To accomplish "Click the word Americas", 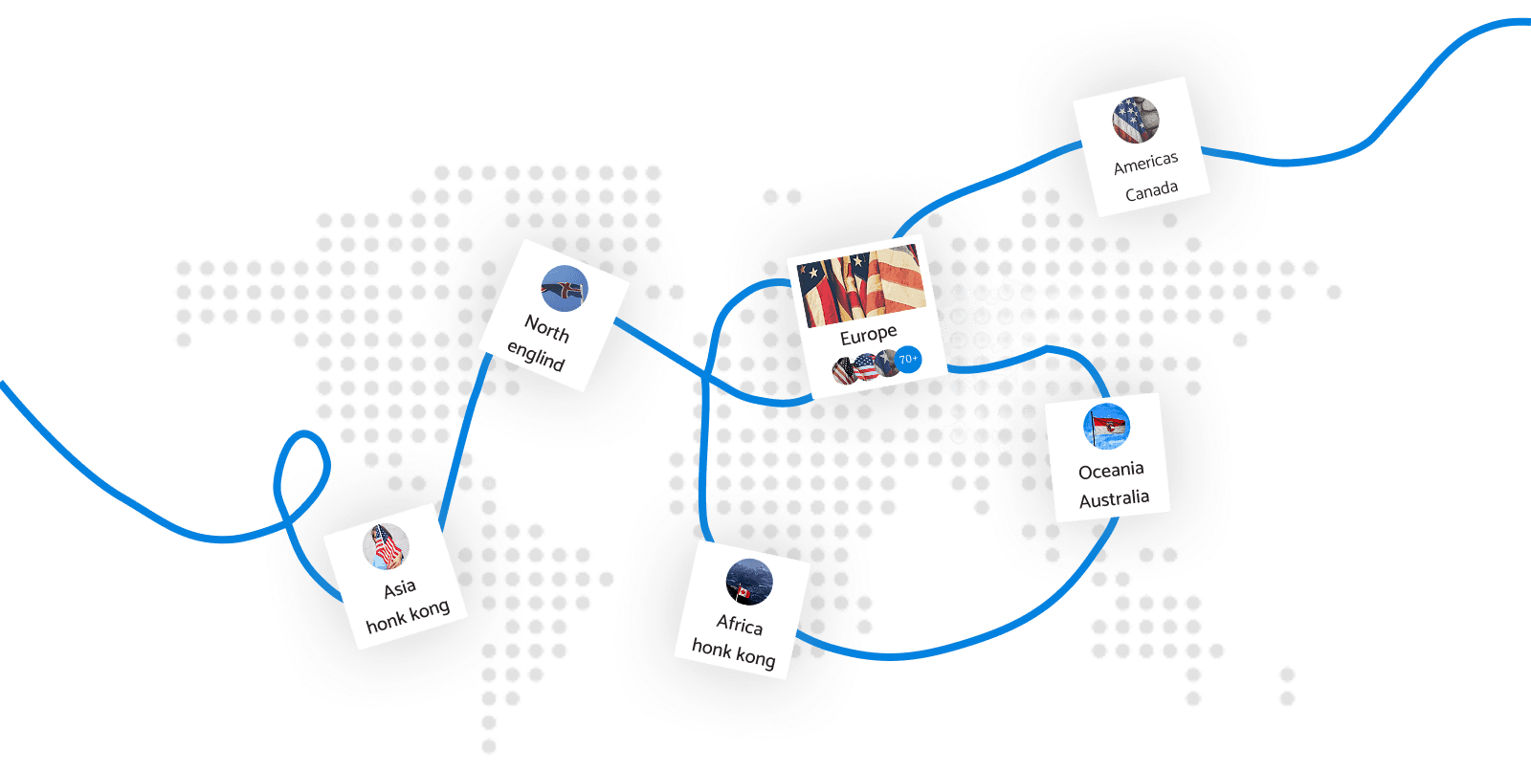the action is point(1145,163).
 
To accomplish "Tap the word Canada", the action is point(1152,190).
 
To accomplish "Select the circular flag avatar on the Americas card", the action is point(1135,121).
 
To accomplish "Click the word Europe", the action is point(868,335).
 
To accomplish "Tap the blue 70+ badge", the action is point(908,360).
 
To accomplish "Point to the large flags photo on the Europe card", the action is point(861,286).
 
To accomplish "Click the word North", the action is point(546,329).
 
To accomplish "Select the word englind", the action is point(536,355).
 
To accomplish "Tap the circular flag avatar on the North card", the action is point(565,288).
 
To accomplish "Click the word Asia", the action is point(399,588).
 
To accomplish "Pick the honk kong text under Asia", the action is point(408,615).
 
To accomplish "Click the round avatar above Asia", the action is point(387,546).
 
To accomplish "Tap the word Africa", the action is point(740,624).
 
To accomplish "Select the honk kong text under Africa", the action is point(733,652).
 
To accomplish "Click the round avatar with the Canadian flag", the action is point(749,582).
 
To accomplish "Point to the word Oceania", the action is point(1111,470).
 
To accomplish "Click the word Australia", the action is point(1114,498).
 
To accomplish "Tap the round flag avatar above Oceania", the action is point(1106,427).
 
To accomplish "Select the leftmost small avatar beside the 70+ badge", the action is point(843,371).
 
